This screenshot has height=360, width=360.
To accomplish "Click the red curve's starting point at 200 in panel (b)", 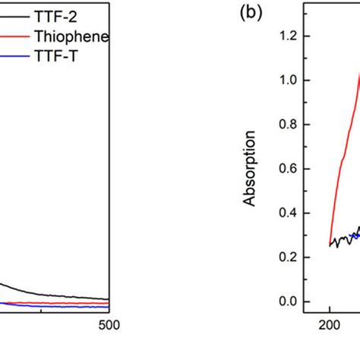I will [x=330, y=245].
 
